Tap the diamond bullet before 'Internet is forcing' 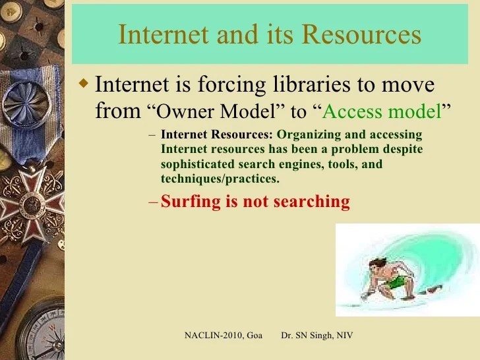pyautogui.click(x=83, y=84)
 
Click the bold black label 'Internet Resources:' pyautogui.click(x=217, y=135)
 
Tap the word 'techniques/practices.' pyautogui.click(x=220, y=179)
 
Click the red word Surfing pyautogui.click(x=191, y=202)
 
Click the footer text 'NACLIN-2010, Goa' pyautogui.click(x=223, y=336)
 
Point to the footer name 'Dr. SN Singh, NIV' pyautogui.click(x=317, y=336)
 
